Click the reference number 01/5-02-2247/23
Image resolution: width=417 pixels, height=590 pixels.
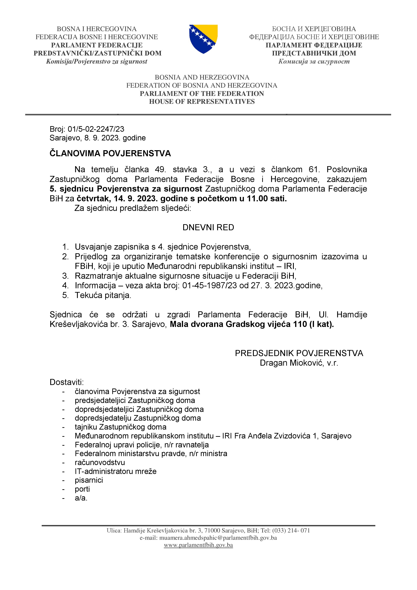coord(96,129)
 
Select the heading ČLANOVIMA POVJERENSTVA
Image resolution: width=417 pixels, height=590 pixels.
coord(110,153)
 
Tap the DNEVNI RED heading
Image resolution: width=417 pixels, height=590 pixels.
coord(208,227)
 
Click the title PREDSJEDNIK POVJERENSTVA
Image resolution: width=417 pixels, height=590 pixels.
coord(299,353)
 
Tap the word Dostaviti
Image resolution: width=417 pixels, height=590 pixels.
coord(67,382)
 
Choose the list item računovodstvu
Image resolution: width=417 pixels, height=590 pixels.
coord(100,463)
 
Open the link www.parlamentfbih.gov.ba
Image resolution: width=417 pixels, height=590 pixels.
coord(198,545)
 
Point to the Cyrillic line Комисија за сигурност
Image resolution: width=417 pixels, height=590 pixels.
coord(314,61)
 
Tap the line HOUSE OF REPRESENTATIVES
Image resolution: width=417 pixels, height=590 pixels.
coord(202,102)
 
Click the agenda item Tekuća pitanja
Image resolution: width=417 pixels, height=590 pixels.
coord(103,295)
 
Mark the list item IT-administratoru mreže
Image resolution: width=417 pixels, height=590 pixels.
coord(115,471)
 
